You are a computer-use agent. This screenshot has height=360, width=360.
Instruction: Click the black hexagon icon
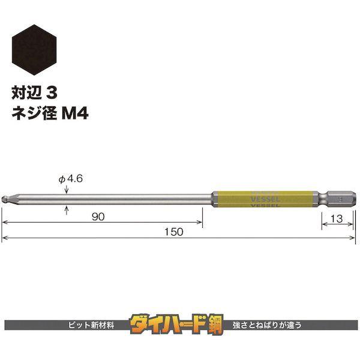34,50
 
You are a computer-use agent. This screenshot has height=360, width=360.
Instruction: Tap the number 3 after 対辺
52,93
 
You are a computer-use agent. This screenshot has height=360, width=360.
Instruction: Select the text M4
75,113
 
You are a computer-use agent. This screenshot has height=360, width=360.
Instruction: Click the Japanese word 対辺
26,93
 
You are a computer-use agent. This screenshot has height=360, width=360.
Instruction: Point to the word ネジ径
34,113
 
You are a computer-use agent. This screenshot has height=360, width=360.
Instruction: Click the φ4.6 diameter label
71,179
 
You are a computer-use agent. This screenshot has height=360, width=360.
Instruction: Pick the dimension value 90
98,217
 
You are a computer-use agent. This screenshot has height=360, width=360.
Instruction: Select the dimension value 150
174,232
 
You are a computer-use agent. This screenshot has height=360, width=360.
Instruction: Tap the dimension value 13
337,218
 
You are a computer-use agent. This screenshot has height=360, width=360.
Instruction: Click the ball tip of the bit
5,199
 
